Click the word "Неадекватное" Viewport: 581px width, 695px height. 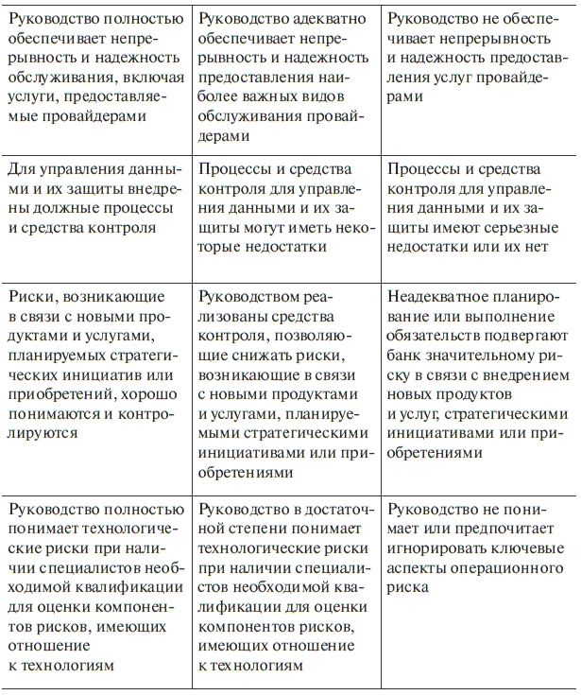coord(444,298)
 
